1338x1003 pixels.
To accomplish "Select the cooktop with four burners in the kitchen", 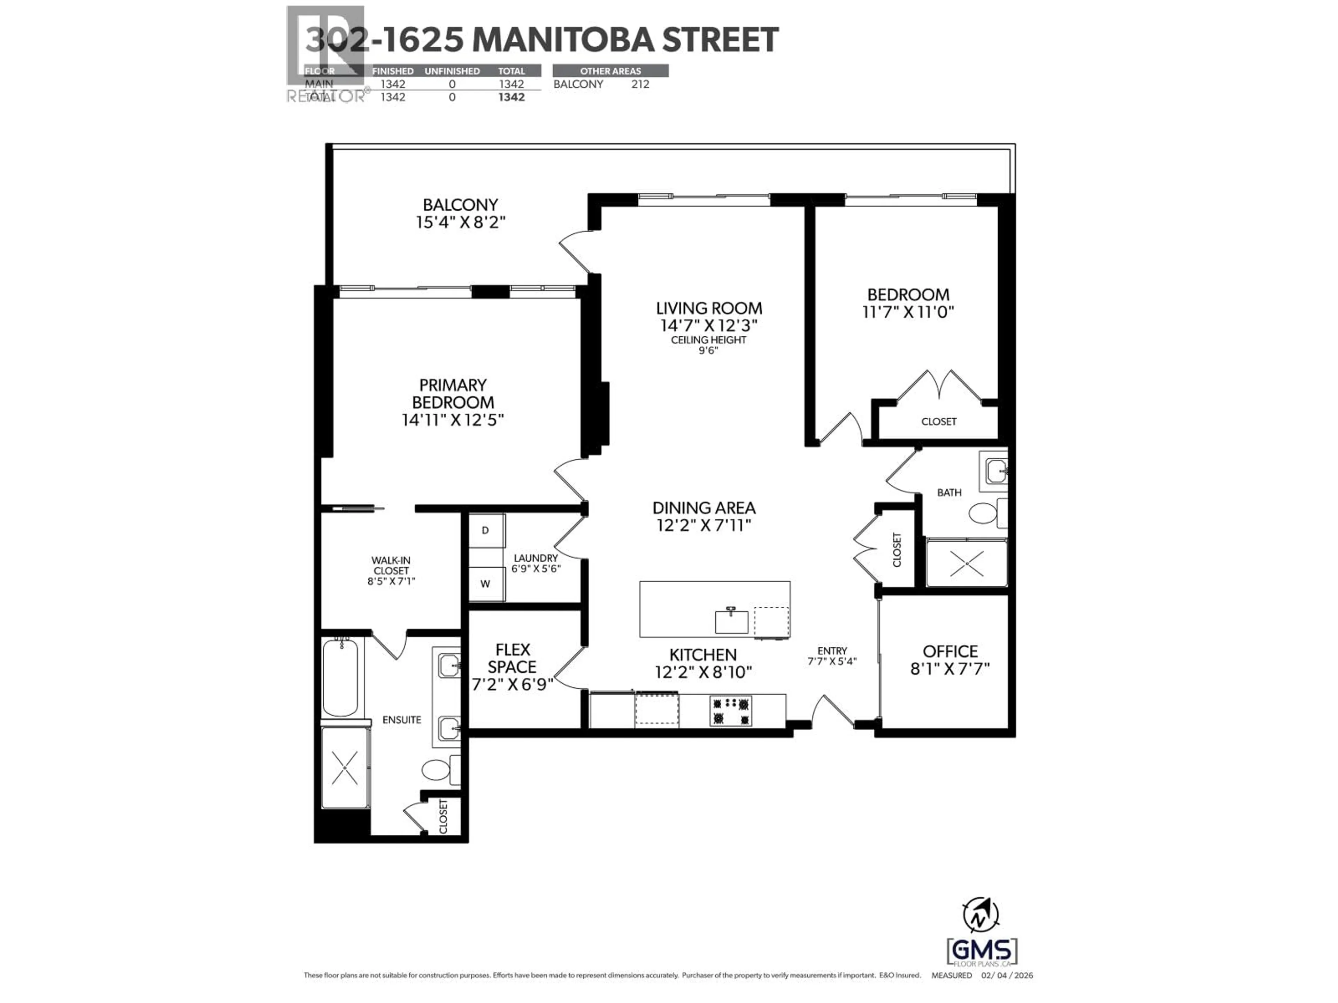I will coord(731,711).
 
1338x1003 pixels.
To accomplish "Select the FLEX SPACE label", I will coord(512,658).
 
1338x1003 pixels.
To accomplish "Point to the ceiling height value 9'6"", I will coord(708,350).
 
